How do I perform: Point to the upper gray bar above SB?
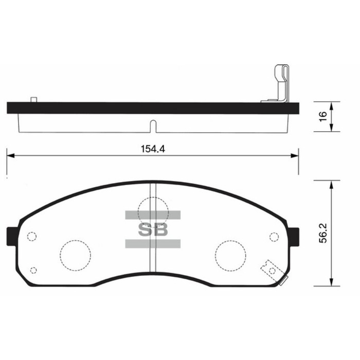pyautogui.click(x=153, y=215)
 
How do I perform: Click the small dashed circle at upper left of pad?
pyautogui.click(x=31, y=237)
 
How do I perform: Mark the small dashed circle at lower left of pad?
pyautogui.click(x=34, y=271)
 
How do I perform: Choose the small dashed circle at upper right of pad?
pyautogui.click(x=274, y=237)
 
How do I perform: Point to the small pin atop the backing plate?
pyautogui.click(x=34, y=99)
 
